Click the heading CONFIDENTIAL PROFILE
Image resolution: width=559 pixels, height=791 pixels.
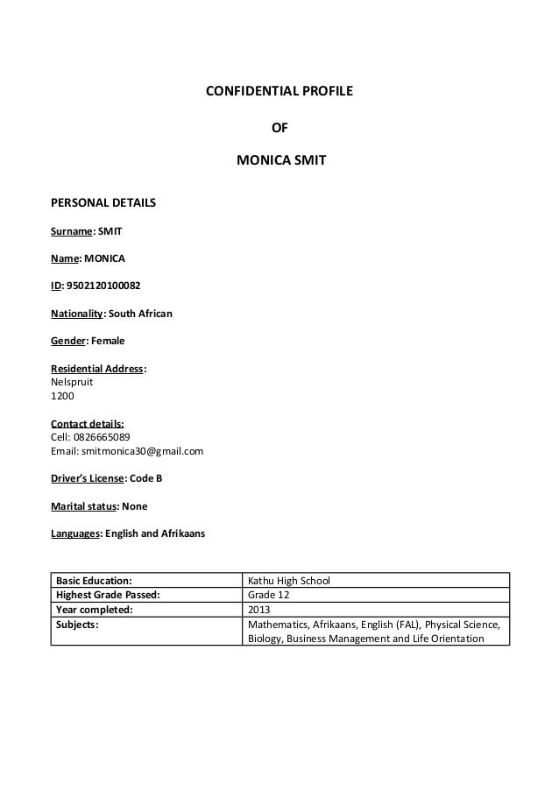click(x=279, y=91)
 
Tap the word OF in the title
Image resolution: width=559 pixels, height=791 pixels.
click(x=279, y=127)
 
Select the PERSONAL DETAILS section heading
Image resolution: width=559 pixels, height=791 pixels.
click(x=104, y=202)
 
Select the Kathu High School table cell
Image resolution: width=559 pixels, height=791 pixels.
click(x=290, y=580)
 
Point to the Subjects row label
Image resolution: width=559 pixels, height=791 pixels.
click(x=78, y=625)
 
